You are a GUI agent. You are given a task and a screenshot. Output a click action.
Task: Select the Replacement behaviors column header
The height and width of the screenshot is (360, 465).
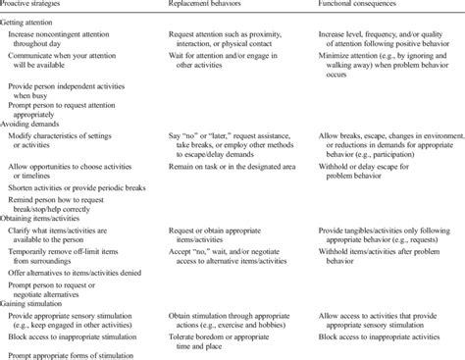click(202, 6)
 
